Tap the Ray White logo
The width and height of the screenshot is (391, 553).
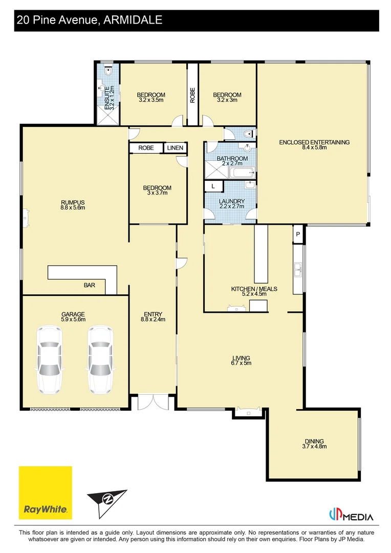[46, 493]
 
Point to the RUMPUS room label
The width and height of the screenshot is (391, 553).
[72, 202]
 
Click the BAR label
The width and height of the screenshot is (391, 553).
[89, 286]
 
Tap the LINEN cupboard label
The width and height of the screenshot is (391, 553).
[175, 148]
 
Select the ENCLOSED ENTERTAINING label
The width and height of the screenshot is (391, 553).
[314, 142]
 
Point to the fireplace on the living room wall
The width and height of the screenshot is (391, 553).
[248, 412]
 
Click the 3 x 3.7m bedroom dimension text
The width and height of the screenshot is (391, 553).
[157, 194]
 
